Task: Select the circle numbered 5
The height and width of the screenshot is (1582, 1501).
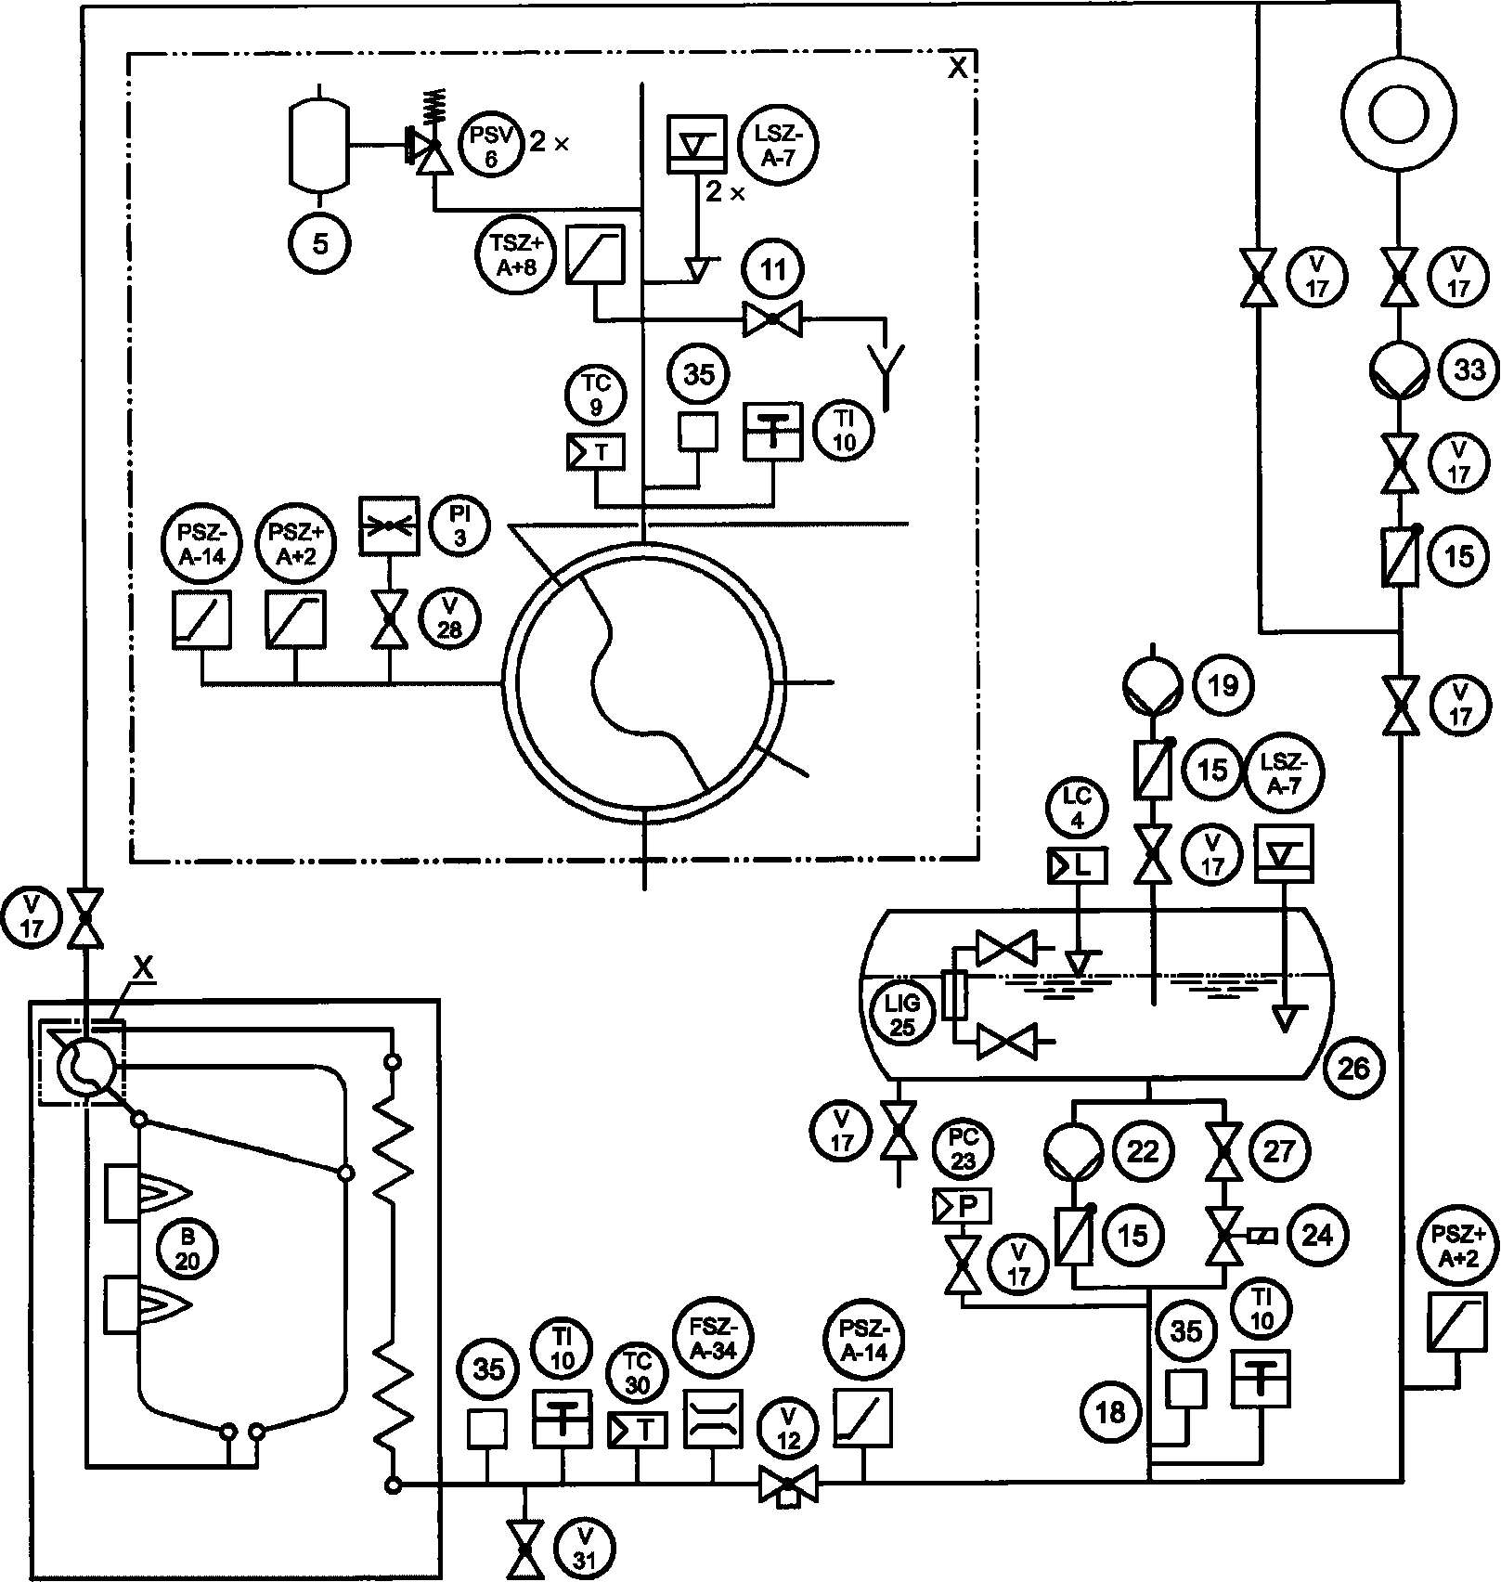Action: pyautogui.click(x=320, y=244)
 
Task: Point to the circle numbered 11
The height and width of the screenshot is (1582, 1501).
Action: pyautogui.click(x=772, y=270)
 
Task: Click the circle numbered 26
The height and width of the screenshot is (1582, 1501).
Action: pyautogui.click(x=1353, y=1069)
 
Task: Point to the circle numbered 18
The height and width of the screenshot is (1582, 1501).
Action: pyautogui.click(x=1110, y=1412)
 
